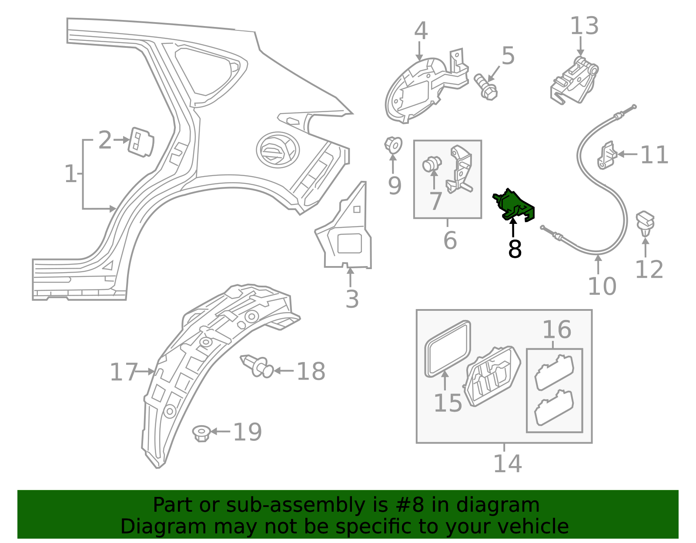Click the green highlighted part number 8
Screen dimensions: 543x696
coord(514,205)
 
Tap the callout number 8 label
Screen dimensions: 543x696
coord(515,250)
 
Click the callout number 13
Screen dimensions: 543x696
coord(584,26)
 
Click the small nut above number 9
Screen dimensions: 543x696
coord(392,145)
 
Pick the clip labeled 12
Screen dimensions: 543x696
coord(645,222)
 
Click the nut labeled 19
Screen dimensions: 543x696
coord(201,433)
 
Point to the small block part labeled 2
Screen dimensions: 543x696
coord(141,141)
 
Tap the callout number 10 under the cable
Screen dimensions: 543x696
coord(602,286)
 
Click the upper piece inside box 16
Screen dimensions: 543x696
coord(554,372)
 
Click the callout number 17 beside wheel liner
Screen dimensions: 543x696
coord(123,372)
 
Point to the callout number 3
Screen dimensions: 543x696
coord(352,299)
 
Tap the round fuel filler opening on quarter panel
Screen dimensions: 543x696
coord(277,150)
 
